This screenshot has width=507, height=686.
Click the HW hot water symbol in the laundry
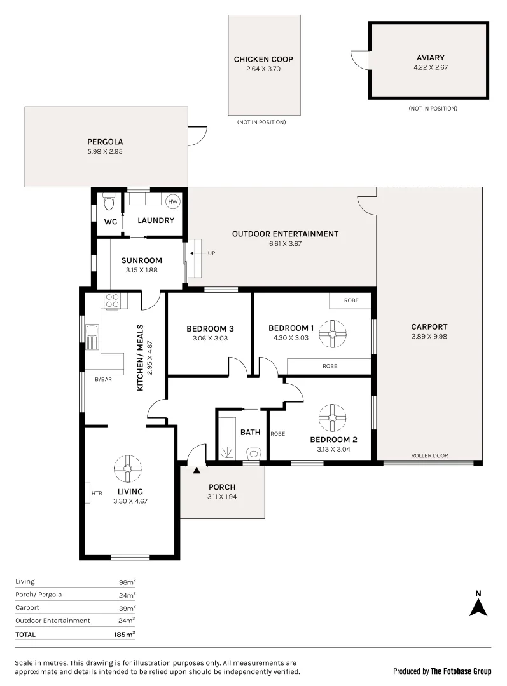173,202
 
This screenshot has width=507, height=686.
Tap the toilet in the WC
109,202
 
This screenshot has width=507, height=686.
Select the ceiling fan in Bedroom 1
332,334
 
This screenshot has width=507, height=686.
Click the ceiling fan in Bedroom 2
332,418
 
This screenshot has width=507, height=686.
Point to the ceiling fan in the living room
127,469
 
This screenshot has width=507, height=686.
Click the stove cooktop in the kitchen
112,300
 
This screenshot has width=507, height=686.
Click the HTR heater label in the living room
97,493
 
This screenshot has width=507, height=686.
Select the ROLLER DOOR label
429,455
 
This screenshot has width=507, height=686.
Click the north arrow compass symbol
478,603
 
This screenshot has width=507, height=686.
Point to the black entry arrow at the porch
197,470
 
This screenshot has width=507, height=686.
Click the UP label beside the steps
212,253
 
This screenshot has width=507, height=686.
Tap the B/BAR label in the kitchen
104,379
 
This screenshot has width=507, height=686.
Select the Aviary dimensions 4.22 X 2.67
431,67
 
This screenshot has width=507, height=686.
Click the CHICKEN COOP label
263,59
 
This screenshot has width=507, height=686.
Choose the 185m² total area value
125,635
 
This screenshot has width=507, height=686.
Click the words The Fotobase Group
461,671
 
